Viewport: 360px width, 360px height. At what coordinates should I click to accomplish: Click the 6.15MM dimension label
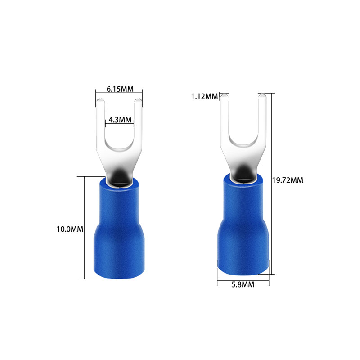pos(120,89)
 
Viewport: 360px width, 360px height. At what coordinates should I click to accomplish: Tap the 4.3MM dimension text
pos(120,120)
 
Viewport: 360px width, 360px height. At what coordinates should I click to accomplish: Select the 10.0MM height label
pos(70,229)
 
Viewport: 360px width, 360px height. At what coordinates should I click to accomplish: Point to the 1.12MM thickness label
pos(204,96)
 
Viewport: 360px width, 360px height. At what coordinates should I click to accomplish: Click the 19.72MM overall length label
pos(288,180)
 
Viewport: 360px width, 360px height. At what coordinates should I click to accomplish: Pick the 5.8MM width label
pos(243,284)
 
